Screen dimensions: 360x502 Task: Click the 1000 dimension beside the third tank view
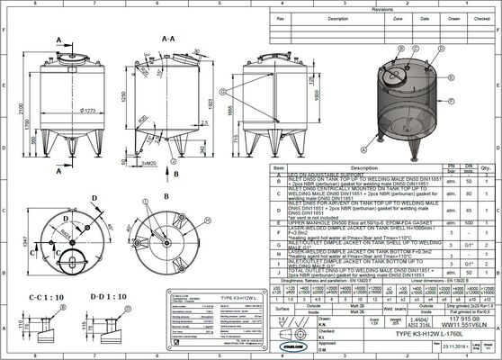pos(316,94)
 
